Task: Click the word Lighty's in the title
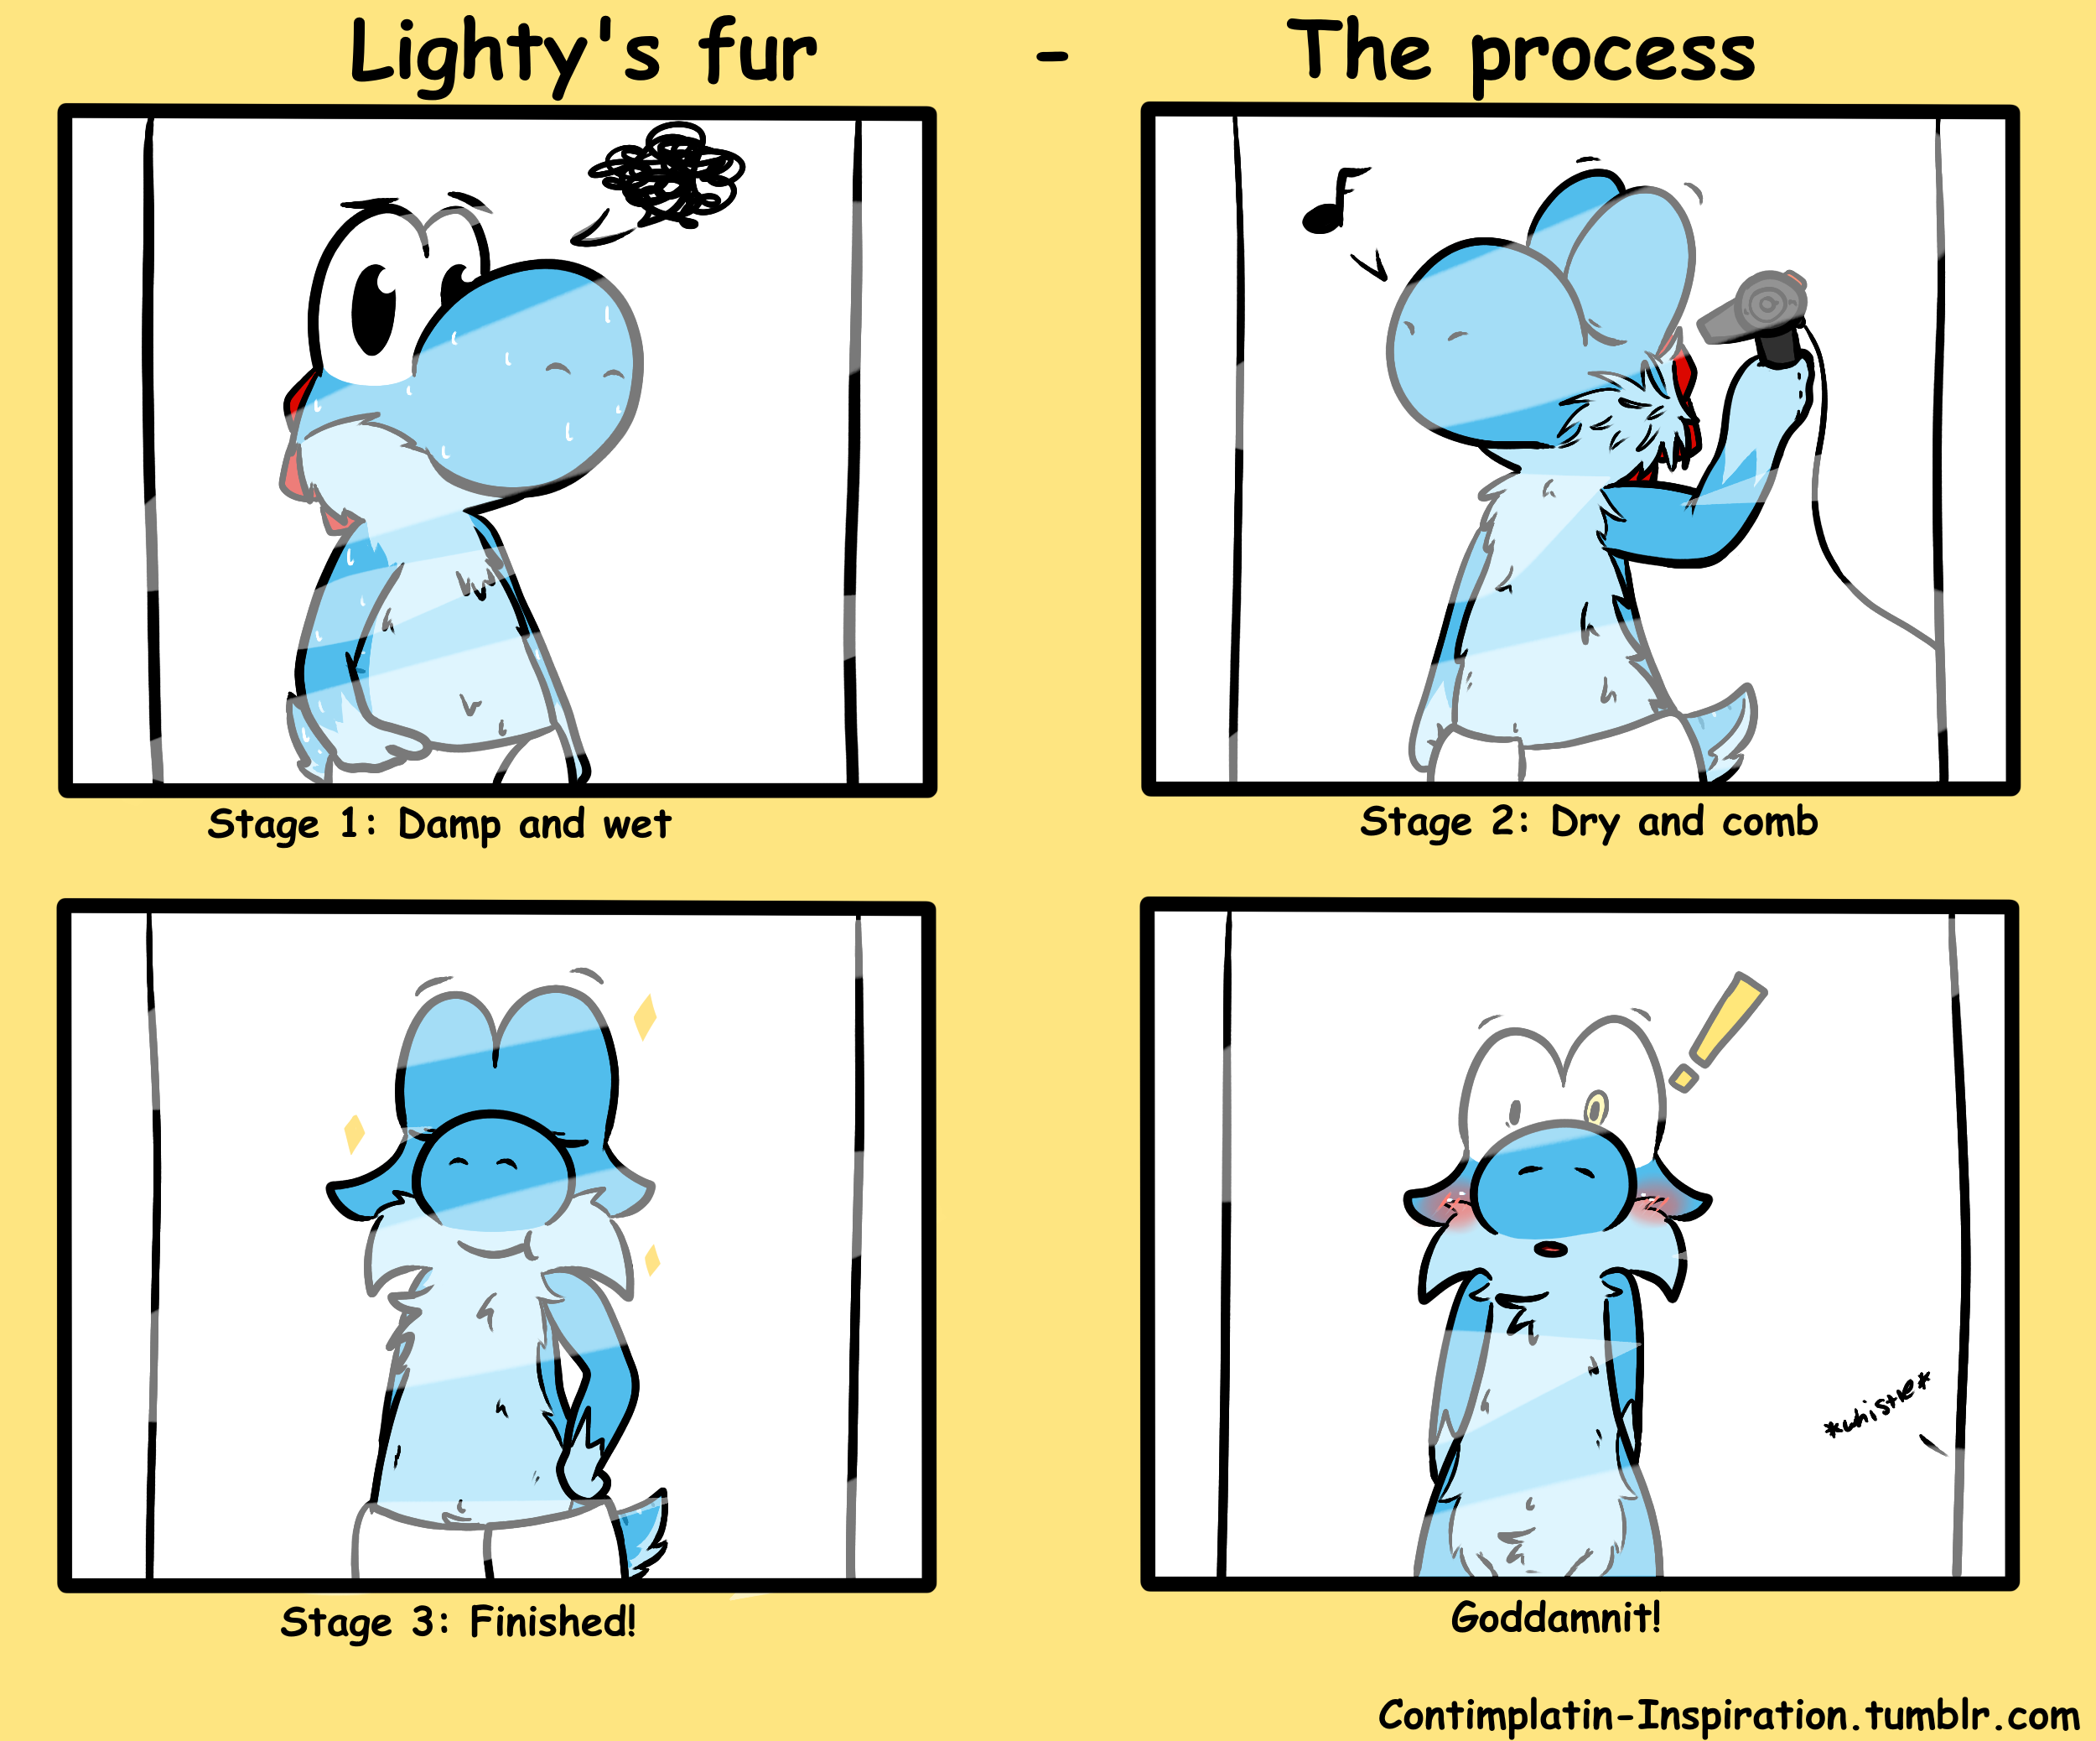coord(505,55)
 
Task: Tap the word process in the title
coord(1612,58)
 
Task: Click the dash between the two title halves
coord(1052,57)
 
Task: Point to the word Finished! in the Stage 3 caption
coord(552,1621)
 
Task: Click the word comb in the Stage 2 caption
coord(1770,822)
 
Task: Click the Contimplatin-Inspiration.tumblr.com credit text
coord(1730,1715)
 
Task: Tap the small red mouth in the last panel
coord(1550,1248)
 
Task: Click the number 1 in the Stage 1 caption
coord(348,824)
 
